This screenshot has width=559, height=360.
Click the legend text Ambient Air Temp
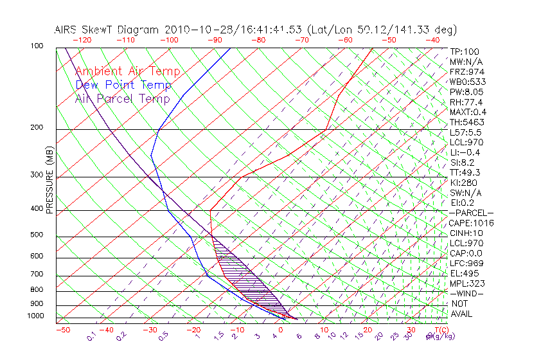[x=127, y=71]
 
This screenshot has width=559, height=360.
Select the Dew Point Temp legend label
[x=123, y=85]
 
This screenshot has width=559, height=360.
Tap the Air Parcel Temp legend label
[x=122, y=98]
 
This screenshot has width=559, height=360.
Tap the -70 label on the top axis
[x=301, y=40]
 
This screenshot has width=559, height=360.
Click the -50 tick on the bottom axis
[x=62, y=330]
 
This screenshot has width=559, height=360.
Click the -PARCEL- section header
[x=471, y=213]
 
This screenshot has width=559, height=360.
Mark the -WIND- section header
[x=467, y=293]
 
